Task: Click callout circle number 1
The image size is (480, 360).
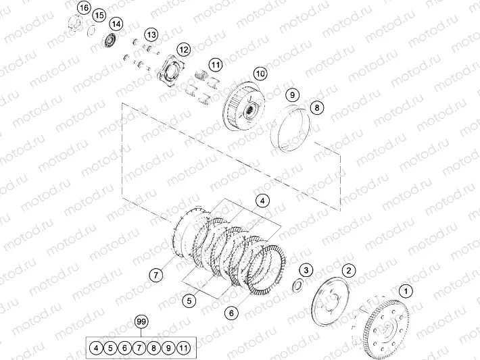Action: [405, 292]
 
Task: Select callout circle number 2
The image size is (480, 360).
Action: [348, 270]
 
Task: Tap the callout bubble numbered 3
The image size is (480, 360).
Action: [306, 271]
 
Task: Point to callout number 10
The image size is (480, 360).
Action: [261, 73]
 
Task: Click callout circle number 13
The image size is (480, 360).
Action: [150, 34]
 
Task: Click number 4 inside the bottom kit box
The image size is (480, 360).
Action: [97, 348]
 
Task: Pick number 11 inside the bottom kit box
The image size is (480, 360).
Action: [184, 348]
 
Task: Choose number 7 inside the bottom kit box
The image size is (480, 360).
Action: [140, 348]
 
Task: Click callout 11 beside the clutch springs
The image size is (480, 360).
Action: [215, 65]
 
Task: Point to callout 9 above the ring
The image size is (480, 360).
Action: [292, 95]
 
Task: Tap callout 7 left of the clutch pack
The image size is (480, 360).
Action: [155, 274]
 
